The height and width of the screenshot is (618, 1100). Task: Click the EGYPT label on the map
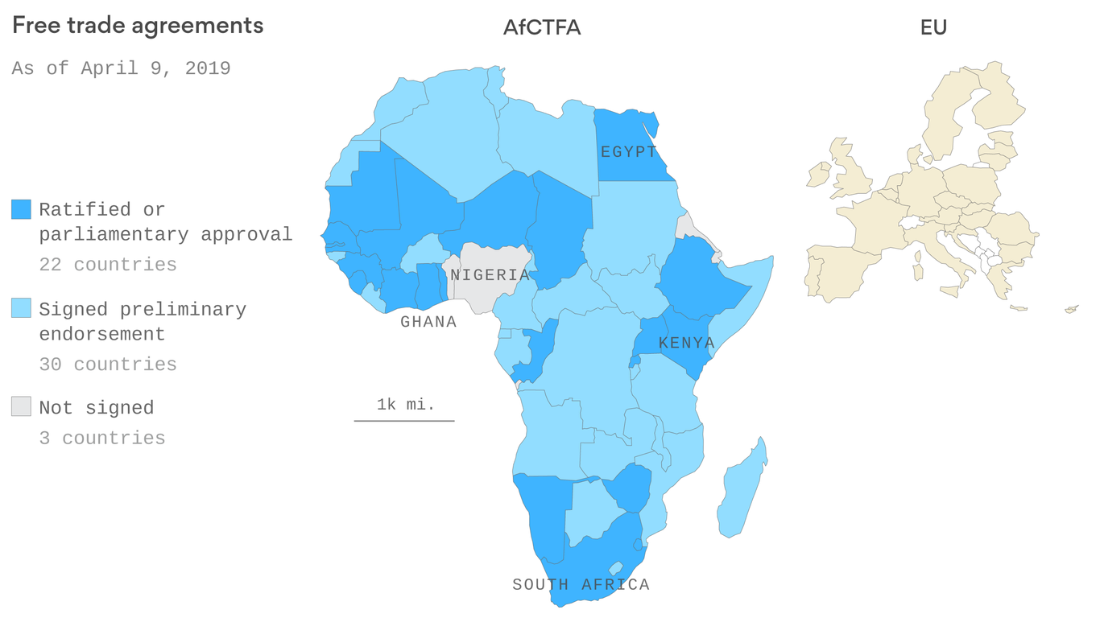tap(629, 151)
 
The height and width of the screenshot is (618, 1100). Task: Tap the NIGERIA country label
tap(490, 275)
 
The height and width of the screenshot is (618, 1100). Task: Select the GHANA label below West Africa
tap(428, 322)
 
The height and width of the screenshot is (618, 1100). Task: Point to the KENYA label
tap(686, 343)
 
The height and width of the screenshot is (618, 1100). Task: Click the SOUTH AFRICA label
tap(581, 584)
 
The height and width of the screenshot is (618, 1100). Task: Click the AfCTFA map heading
tap(542, 27)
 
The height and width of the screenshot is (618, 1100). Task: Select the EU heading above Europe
tap(933, 27)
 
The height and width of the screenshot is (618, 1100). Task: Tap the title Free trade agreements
tap(138, 26)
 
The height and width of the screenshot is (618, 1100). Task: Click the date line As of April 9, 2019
tap(121, 68)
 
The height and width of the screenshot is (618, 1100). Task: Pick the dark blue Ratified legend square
tap(21, 209)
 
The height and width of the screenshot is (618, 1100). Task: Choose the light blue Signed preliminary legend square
tap(21, 308)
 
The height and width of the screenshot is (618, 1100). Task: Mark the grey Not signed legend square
tap(21, 407)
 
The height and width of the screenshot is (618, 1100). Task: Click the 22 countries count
tap(108, 265)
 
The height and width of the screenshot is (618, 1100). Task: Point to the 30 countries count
tap(108, 365)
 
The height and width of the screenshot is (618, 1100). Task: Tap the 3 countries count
tap(102, 439)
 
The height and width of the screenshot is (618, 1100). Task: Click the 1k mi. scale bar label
tap(405, 405)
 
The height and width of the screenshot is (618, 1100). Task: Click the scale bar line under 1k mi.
tap(404, 420)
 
